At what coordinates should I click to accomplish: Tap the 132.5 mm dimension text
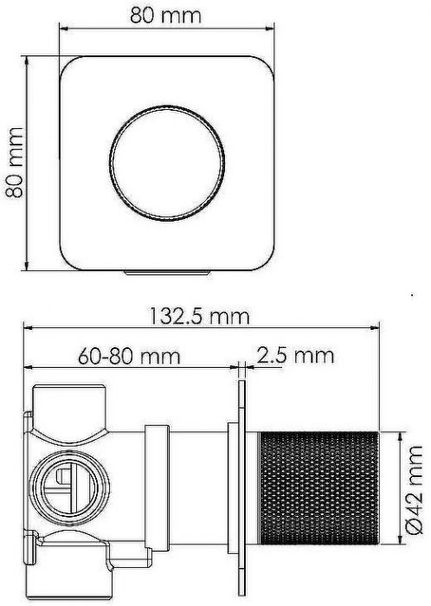(199, 316)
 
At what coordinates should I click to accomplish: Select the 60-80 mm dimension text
(128, 356)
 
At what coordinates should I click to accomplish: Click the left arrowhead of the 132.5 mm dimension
(28, 329)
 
